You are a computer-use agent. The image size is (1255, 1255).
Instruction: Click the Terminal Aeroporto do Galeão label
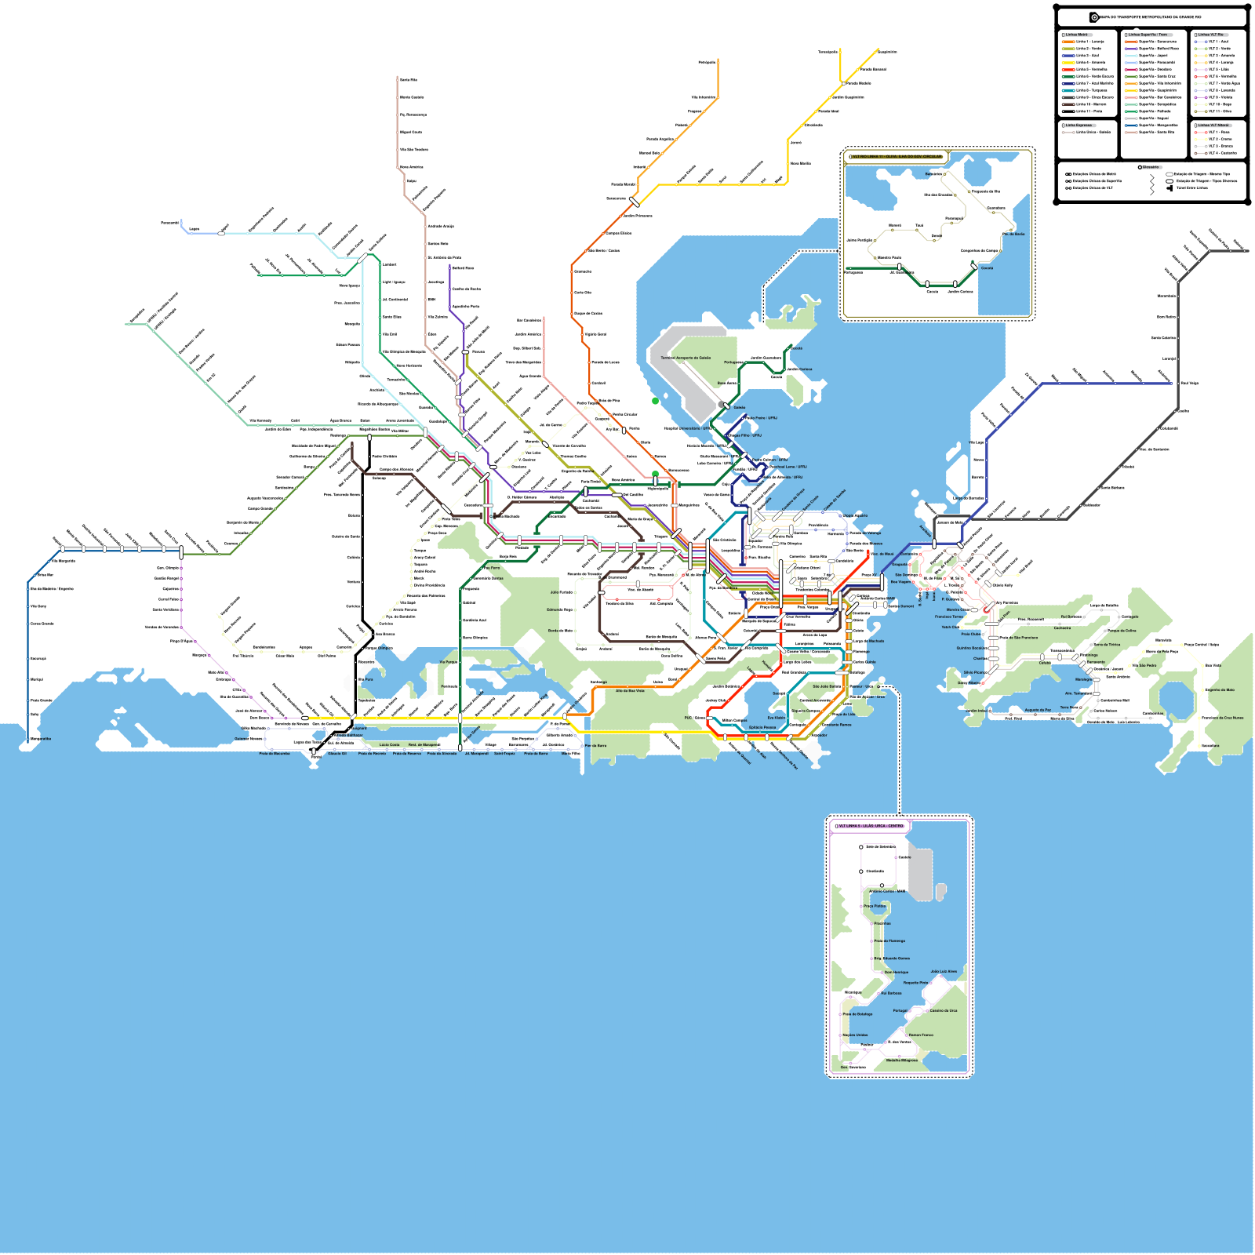(x=686, y=358)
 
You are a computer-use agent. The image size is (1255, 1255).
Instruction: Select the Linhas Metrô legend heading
(x=1075, y=35)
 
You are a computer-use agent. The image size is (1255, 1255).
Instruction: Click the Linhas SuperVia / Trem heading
(x=1148, y=35)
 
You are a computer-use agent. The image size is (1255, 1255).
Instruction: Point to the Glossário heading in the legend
(x=1150, y=167)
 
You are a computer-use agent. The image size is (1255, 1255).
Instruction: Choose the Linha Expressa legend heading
(x=1078, y=125)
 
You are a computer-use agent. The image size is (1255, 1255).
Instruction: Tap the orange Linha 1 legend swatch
(x=1068, y=42)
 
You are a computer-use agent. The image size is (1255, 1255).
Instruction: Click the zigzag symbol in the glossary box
(x=1151, y=184)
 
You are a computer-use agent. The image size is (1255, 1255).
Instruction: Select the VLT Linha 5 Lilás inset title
(x=871, y=826)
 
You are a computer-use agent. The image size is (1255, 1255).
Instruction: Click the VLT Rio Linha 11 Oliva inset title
(x=897, y=156)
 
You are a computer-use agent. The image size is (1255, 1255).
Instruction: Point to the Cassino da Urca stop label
(x=944, y=1010)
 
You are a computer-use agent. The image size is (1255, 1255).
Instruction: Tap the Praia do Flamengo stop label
(x=890, y=940)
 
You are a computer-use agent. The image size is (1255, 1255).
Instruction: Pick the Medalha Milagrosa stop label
(x=901, y=1060)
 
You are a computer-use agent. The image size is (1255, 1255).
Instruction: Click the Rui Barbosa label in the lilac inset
(x=891, y=993)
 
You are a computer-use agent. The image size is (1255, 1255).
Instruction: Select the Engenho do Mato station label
(x=1220, y=689)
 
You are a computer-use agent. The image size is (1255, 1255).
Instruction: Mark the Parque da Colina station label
(x=1122, y=630)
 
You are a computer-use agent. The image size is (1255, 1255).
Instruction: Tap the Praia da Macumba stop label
(x=275, y=754)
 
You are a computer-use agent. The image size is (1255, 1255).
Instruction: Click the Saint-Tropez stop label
(x=504, y=754)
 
